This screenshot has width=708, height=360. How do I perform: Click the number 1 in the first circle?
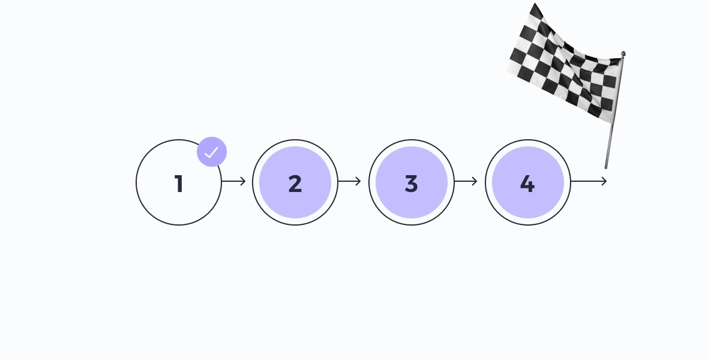(x=179, y=184)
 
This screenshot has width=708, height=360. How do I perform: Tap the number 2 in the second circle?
(x=295, y=184)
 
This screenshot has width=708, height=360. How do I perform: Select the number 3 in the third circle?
(x=412, y=184)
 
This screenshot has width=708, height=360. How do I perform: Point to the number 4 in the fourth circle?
(x=527, y=184)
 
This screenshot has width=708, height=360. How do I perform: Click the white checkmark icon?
(x=211, y=152)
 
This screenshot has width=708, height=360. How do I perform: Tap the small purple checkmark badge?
(x=212, y=152)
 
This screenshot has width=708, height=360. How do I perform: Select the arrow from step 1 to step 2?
(x=233, y=182)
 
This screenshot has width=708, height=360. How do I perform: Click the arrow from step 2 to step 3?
(x=349, y=182)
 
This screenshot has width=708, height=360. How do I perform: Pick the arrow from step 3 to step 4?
(x=466, y=182)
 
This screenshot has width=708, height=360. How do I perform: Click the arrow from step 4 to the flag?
(x=589, y=182)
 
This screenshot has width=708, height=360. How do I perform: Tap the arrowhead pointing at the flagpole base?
(x=604, y=182)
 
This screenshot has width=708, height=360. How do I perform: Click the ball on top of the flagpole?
(x=623, y=54)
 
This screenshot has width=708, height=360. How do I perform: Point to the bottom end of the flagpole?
(x=606, y=168)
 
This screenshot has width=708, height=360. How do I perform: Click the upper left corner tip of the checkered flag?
(x=535, y=4)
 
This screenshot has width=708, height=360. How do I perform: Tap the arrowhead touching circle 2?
(x=243, y=182)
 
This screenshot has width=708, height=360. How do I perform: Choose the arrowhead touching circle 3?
(x=359, y=182)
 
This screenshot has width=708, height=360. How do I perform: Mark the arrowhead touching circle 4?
(x=475, y=182)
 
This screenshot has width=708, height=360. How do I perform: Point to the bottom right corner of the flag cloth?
(x=612, y=124)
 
